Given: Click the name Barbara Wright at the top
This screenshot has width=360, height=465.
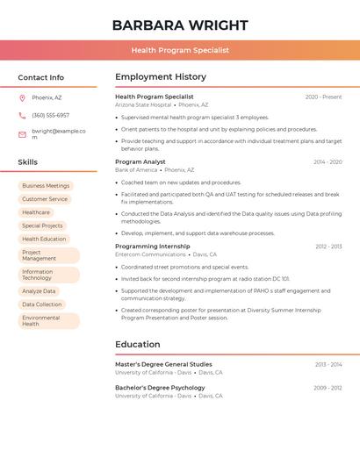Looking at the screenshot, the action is point(180,25).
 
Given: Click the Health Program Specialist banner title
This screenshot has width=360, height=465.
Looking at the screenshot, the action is point(180,50).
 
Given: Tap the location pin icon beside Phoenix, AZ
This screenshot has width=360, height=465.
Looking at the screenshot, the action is point(22,97).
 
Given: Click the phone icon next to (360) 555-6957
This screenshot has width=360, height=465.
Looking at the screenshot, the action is point(22,115).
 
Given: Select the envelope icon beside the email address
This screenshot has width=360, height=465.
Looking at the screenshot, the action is point(22,134).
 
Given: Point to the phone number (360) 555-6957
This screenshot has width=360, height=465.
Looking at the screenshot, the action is point(50,115).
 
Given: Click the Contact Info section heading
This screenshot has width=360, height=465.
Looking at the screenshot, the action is point(41,77).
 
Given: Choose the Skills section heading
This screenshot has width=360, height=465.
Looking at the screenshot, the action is point(28,162).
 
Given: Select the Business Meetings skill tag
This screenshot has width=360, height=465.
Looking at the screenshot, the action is point(46,186).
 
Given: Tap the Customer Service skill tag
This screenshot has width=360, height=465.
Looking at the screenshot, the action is point(45,199).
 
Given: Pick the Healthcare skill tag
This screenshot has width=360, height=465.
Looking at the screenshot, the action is point(36,212).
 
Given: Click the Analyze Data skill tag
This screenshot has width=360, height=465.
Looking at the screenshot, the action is point(39,291).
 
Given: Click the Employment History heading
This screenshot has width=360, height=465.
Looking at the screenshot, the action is point(161,77).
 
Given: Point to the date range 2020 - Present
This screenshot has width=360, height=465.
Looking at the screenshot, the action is point(323,97).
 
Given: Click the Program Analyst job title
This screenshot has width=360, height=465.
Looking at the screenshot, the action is point(140,161).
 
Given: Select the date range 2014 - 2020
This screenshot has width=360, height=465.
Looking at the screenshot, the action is point(328,161).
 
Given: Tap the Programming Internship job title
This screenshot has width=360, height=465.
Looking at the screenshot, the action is point(152,247).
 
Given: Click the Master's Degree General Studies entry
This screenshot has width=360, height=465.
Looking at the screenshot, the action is point(163,364).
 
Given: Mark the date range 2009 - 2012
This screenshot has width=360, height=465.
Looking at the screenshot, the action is point(328,388).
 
